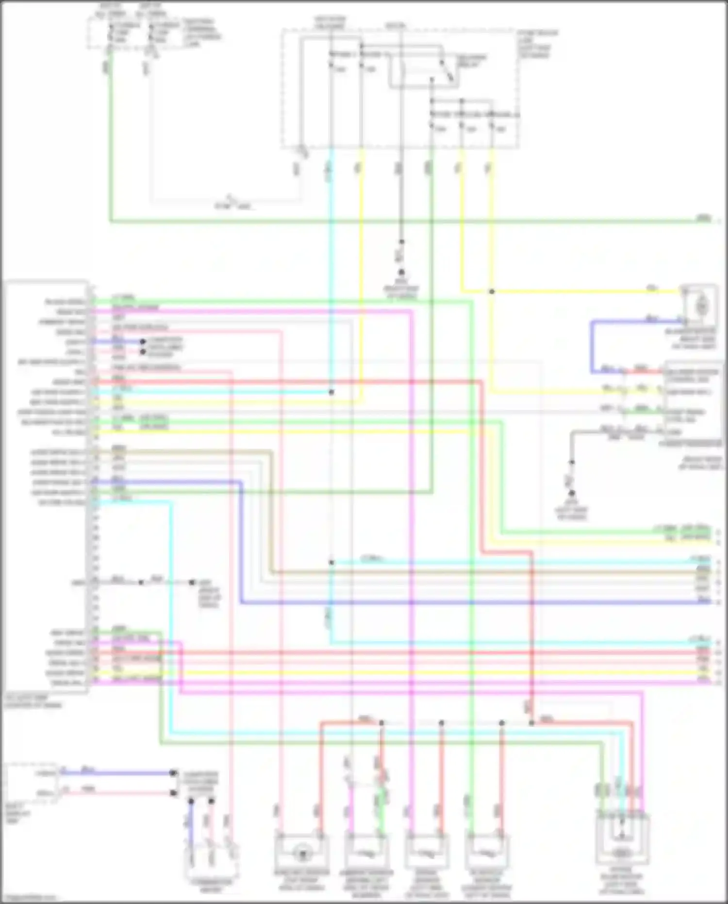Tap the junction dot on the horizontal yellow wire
pos(492,291)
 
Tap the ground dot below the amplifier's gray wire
pos(572,493)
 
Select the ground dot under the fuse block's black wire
pos(401,273)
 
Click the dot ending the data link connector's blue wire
pos(173,773)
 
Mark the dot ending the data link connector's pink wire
pos(173,793)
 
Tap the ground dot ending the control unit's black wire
pos(192,582)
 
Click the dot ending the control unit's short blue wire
pos(143,342)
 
